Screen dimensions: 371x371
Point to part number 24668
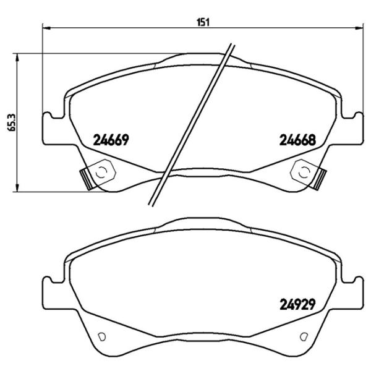click(298, 140)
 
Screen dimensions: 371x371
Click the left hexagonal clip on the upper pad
click(102, 171)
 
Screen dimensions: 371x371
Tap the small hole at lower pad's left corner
click(103, 336)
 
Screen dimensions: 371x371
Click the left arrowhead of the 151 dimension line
click(45, 28)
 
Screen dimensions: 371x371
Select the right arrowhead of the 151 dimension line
click(361, 28)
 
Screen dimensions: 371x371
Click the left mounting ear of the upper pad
click(51, 129)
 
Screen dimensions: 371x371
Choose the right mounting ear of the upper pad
click(354, 129)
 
